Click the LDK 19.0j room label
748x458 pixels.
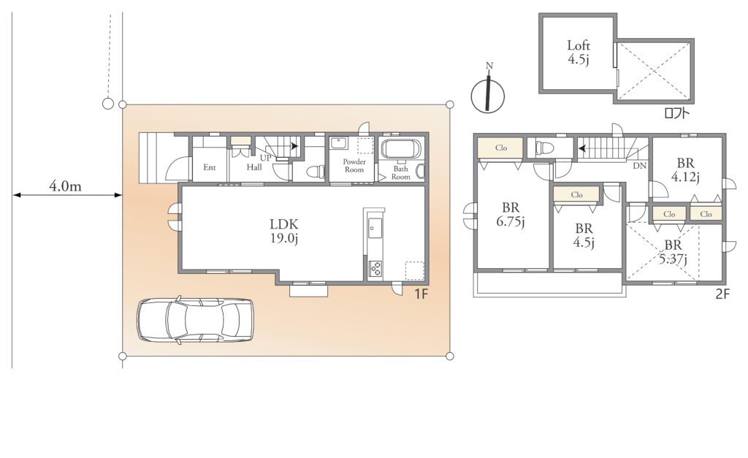(x=284, y=231)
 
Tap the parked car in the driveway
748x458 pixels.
(x=195, y=320)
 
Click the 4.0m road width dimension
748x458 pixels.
(x=66, y=186)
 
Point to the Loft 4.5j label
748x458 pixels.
(x=579, y=53)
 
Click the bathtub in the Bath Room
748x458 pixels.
(x=401, y=149)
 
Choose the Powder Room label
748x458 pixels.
(x=354, y=166)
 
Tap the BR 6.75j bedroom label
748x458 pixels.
(x=511, y=215)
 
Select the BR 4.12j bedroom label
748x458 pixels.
(x=685, y=170)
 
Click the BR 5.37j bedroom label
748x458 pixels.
(x=673, y=252)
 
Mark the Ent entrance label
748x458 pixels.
(x=210, y=167)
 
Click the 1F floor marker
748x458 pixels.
(x=421, y=294)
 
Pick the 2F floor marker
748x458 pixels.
(x=722, y=294)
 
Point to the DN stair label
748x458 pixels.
(x=639, y=166)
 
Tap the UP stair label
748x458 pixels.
(x=265, y=158)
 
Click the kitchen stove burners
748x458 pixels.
(x=375, y=268)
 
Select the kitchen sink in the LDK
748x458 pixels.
(x=375, y=229)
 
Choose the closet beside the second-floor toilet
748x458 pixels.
(x=500, y=148)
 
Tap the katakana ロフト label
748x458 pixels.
(x=676, y=113)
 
